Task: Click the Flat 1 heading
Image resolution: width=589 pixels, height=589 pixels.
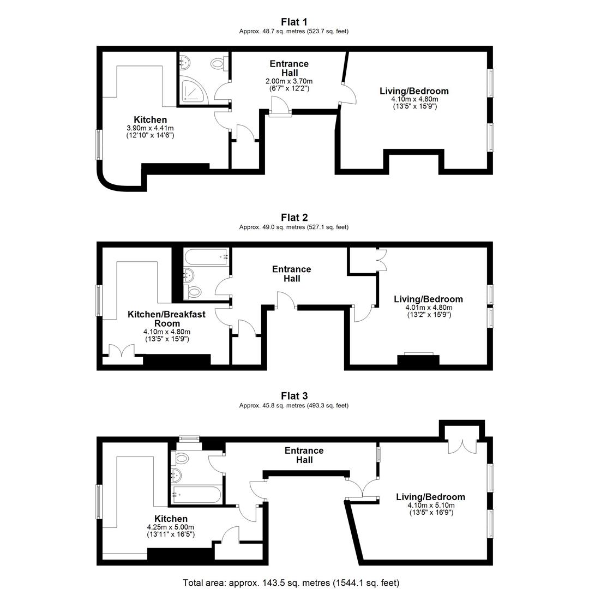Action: (294, 22)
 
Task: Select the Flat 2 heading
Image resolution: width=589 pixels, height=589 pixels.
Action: (294, 218)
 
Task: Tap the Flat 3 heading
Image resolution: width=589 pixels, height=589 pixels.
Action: (294, 396)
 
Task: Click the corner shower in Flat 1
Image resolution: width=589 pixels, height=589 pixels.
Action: (194, 90)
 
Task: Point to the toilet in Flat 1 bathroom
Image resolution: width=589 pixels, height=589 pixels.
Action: (219, 63)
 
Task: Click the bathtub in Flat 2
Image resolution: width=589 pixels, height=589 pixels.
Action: (206, 257)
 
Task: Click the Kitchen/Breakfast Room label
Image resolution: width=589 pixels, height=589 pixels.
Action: (167, 318)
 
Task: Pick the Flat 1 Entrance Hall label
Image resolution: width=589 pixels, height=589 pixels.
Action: (289, 68)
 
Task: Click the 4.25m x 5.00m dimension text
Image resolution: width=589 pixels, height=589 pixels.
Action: (171, 527)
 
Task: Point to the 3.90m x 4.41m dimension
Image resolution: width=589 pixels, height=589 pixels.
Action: (151, 129)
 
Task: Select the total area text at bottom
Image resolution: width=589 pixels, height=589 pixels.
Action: (291, 582)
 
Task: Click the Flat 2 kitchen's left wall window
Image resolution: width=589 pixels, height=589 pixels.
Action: (99, 300)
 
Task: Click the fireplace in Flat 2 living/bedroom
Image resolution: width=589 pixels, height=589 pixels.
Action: (418, 359)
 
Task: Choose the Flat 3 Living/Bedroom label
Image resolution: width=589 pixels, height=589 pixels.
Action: (430, 497)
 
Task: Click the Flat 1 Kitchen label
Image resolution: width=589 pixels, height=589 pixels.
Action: (151, 120)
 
